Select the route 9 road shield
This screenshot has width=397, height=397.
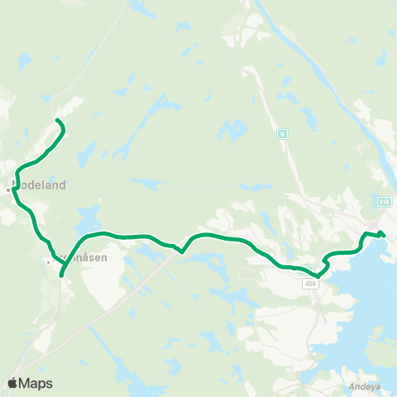(x=283, y=132)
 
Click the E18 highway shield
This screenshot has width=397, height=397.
(x=385, y=201)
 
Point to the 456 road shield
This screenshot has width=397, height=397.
(x=310, y=283)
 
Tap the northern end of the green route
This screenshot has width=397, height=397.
(x=57, y=122)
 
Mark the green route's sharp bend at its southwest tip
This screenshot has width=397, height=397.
(x=62, y=275)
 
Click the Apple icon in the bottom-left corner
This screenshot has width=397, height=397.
(x=12, y=382)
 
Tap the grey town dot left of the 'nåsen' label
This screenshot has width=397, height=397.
(x=49, y=261)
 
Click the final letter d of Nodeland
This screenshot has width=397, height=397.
(x=62, y=185)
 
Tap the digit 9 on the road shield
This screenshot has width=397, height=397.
(x=283, y=132)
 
